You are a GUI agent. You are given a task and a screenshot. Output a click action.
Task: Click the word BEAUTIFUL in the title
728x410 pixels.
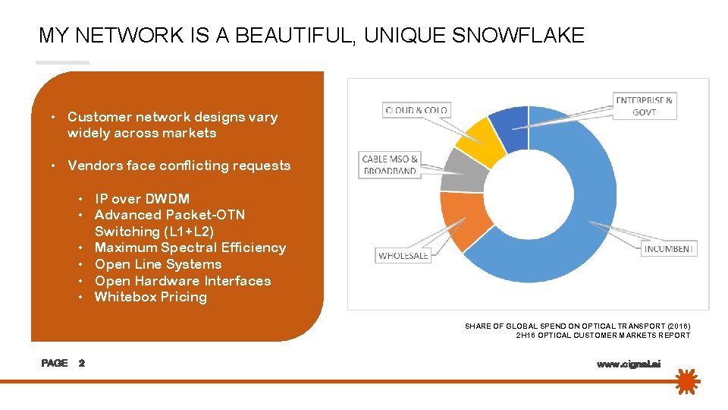click(292, 35)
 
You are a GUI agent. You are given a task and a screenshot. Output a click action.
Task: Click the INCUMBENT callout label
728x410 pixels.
click(668, 248)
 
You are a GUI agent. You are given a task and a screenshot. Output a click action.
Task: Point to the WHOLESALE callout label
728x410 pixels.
click(403, 255)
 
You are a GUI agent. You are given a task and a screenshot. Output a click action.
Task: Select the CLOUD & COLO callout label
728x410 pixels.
click(416, 110)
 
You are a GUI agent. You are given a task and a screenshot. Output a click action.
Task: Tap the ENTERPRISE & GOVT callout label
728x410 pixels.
click(644, 106)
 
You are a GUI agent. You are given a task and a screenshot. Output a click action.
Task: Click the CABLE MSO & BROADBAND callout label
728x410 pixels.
click(390, 165)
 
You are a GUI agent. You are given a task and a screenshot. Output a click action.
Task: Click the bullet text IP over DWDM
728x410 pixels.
click(142, 199)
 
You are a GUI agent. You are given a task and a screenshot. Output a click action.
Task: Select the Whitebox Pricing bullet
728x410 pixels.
click(150, 297)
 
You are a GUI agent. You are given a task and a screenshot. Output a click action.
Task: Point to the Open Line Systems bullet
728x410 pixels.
click(158, 264)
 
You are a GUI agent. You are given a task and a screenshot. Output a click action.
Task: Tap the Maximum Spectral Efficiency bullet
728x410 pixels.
click(190, 248)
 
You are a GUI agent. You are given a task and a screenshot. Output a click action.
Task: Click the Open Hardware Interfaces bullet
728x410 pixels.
click(182, 281)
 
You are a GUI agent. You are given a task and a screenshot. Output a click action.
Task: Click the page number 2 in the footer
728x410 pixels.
click(82, 363)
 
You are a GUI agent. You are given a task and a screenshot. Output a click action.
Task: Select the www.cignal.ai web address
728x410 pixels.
click(629, 364)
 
